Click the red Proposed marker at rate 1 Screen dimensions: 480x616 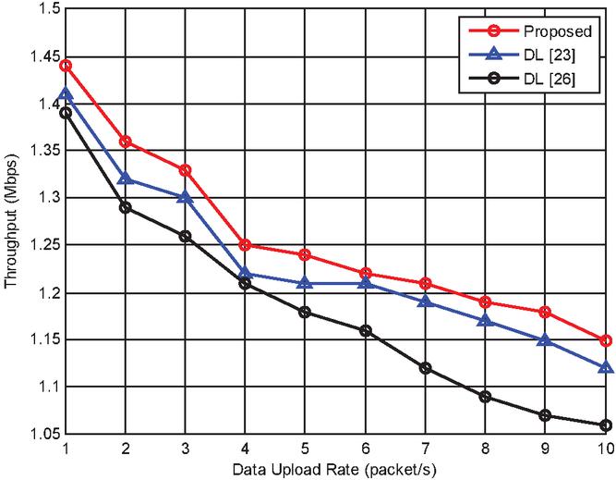coord(66,66)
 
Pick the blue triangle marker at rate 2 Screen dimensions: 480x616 coord(126,178)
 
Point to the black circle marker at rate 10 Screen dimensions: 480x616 coord(606,425)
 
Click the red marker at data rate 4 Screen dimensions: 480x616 coord(246,245)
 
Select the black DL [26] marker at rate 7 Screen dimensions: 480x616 coord(426,368)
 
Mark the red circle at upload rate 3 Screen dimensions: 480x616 coord(186,170)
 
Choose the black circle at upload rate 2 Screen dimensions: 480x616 coord(126,207)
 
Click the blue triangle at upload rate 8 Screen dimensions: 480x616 coord(486,321)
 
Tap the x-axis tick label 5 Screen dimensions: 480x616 coord(306,449)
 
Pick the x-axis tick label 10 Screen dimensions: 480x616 coord(604,449)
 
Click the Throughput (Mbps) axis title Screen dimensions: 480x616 coord(11,222)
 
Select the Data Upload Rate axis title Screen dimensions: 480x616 coord(335,469)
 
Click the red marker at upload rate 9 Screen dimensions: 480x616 coord(546,312)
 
